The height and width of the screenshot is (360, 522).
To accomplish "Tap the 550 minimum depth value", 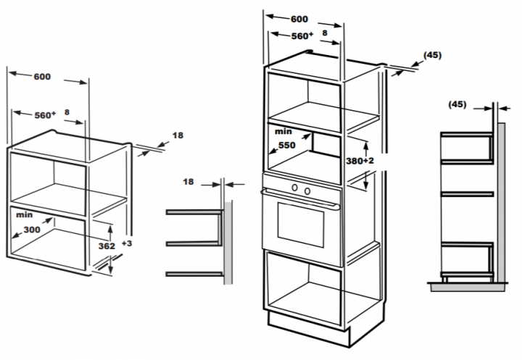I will click(286, 145).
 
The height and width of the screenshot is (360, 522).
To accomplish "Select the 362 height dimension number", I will click(107, 246).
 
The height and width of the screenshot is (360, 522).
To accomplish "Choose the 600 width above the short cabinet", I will click(41, 77).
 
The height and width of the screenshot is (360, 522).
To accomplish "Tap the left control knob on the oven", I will click(295, 190).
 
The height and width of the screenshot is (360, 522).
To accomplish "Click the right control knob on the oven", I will click(307, 190).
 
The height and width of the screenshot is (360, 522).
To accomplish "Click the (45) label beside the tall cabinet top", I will click(431, 55).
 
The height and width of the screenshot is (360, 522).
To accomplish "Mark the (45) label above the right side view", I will click(457, 105).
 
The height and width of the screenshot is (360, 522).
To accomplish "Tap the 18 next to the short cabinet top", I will click(178, 135).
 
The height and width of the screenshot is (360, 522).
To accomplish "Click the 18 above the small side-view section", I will click(188, 183).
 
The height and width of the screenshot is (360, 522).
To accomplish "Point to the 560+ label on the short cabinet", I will click(45, 114).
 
